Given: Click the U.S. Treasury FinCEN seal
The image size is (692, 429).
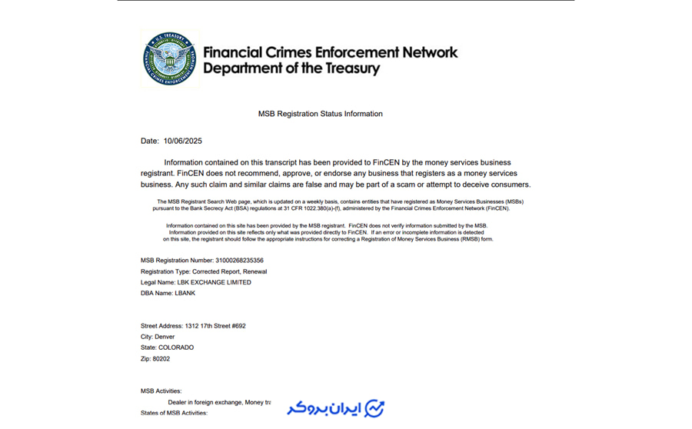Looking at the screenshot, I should tap(170, 59).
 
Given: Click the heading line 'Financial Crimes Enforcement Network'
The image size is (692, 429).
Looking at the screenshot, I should tap(330, 52).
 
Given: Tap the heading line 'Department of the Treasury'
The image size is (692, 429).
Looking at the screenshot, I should tap(291, 68).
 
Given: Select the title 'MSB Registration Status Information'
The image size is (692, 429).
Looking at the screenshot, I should tap(320, 114).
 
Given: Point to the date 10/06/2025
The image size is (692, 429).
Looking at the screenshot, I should tap(182, 141).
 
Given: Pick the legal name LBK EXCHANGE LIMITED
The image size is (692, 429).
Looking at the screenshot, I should tap(214, 282).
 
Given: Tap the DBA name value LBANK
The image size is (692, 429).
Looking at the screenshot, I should tap(185, 293).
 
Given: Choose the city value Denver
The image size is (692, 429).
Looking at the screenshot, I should tap(165, 337).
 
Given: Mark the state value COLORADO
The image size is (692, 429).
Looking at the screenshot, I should tap(176, 348).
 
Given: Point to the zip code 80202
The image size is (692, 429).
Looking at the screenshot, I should tap(161, 358).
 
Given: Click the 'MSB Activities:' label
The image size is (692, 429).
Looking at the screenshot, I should tap(161, 391).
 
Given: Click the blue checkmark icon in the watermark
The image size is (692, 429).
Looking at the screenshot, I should tap(374, 408).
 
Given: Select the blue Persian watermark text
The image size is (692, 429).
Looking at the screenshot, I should tap(324, 408).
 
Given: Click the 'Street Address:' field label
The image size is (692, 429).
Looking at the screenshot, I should tap(161, 326).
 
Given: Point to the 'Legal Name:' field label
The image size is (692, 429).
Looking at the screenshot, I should tap(158, 282).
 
